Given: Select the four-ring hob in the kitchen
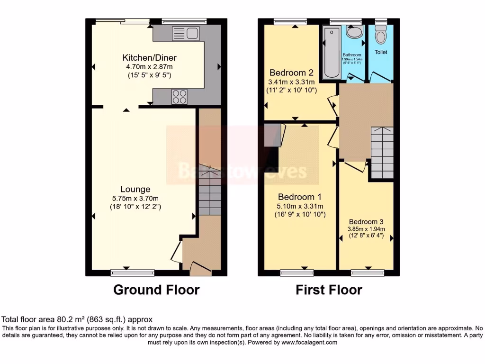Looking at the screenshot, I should (x=180, y=96).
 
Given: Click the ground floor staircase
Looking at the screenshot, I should (x=209, y=194).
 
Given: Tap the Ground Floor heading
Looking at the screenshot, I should (x=156, y=290).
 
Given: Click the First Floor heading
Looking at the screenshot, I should (x=329, y=290).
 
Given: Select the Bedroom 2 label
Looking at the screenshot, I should (x=291, y=73).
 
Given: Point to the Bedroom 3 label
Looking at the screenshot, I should (x=366, y=222).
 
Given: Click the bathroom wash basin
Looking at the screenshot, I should (x=353, y=32).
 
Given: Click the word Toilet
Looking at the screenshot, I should (x=381, y=52).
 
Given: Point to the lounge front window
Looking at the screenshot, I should (x=133, y=273).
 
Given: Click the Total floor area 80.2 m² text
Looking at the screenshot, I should (x=77, y=319).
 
